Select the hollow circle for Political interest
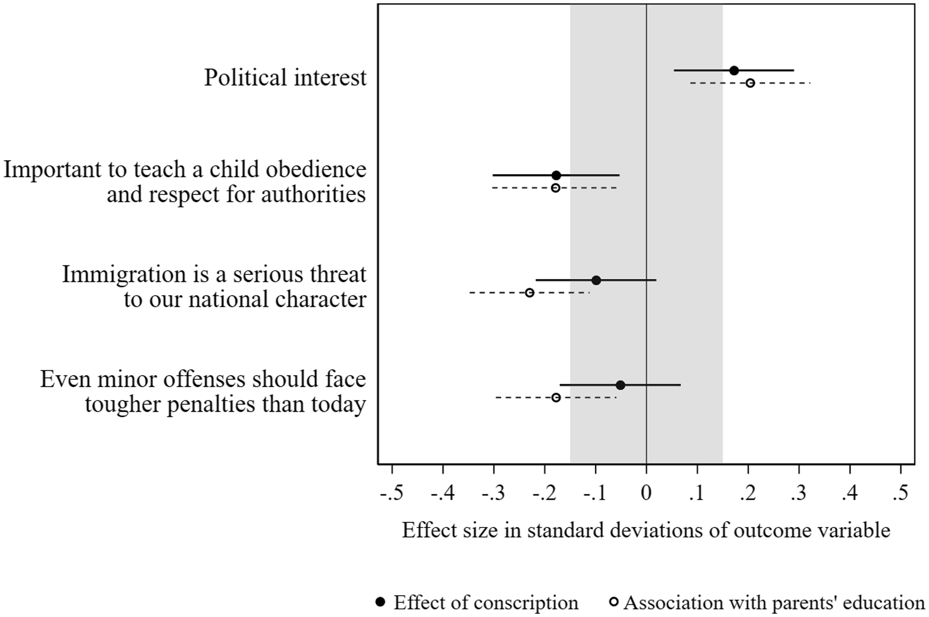pyautogui.click(x=750, y=83)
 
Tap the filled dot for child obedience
pyautogui.click(x=556, y=175)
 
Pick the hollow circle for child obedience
pyautogui.click(x=555, y=188)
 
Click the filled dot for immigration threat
pyautogui.click(x=596, y=280)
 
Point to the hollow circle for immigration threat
pyautogui.click(x=530, y=293)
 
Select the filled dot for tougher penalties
pyautogui.click(x=620, y=385)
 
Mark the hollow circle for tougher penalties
pyautogui.click(x=556, y=397)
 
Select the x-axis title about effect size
pyautogui.click(x=646, y=530)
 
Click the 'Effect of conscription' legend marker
pyautogui.click(x=380, y=602)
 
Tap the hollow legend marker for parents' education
pyautogui.click(x=613, y=602)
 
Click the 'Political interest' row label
pyautogui.click(x=285, y=77)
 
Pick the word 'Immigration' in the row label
pyautogui.click(x=124, y=274)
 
